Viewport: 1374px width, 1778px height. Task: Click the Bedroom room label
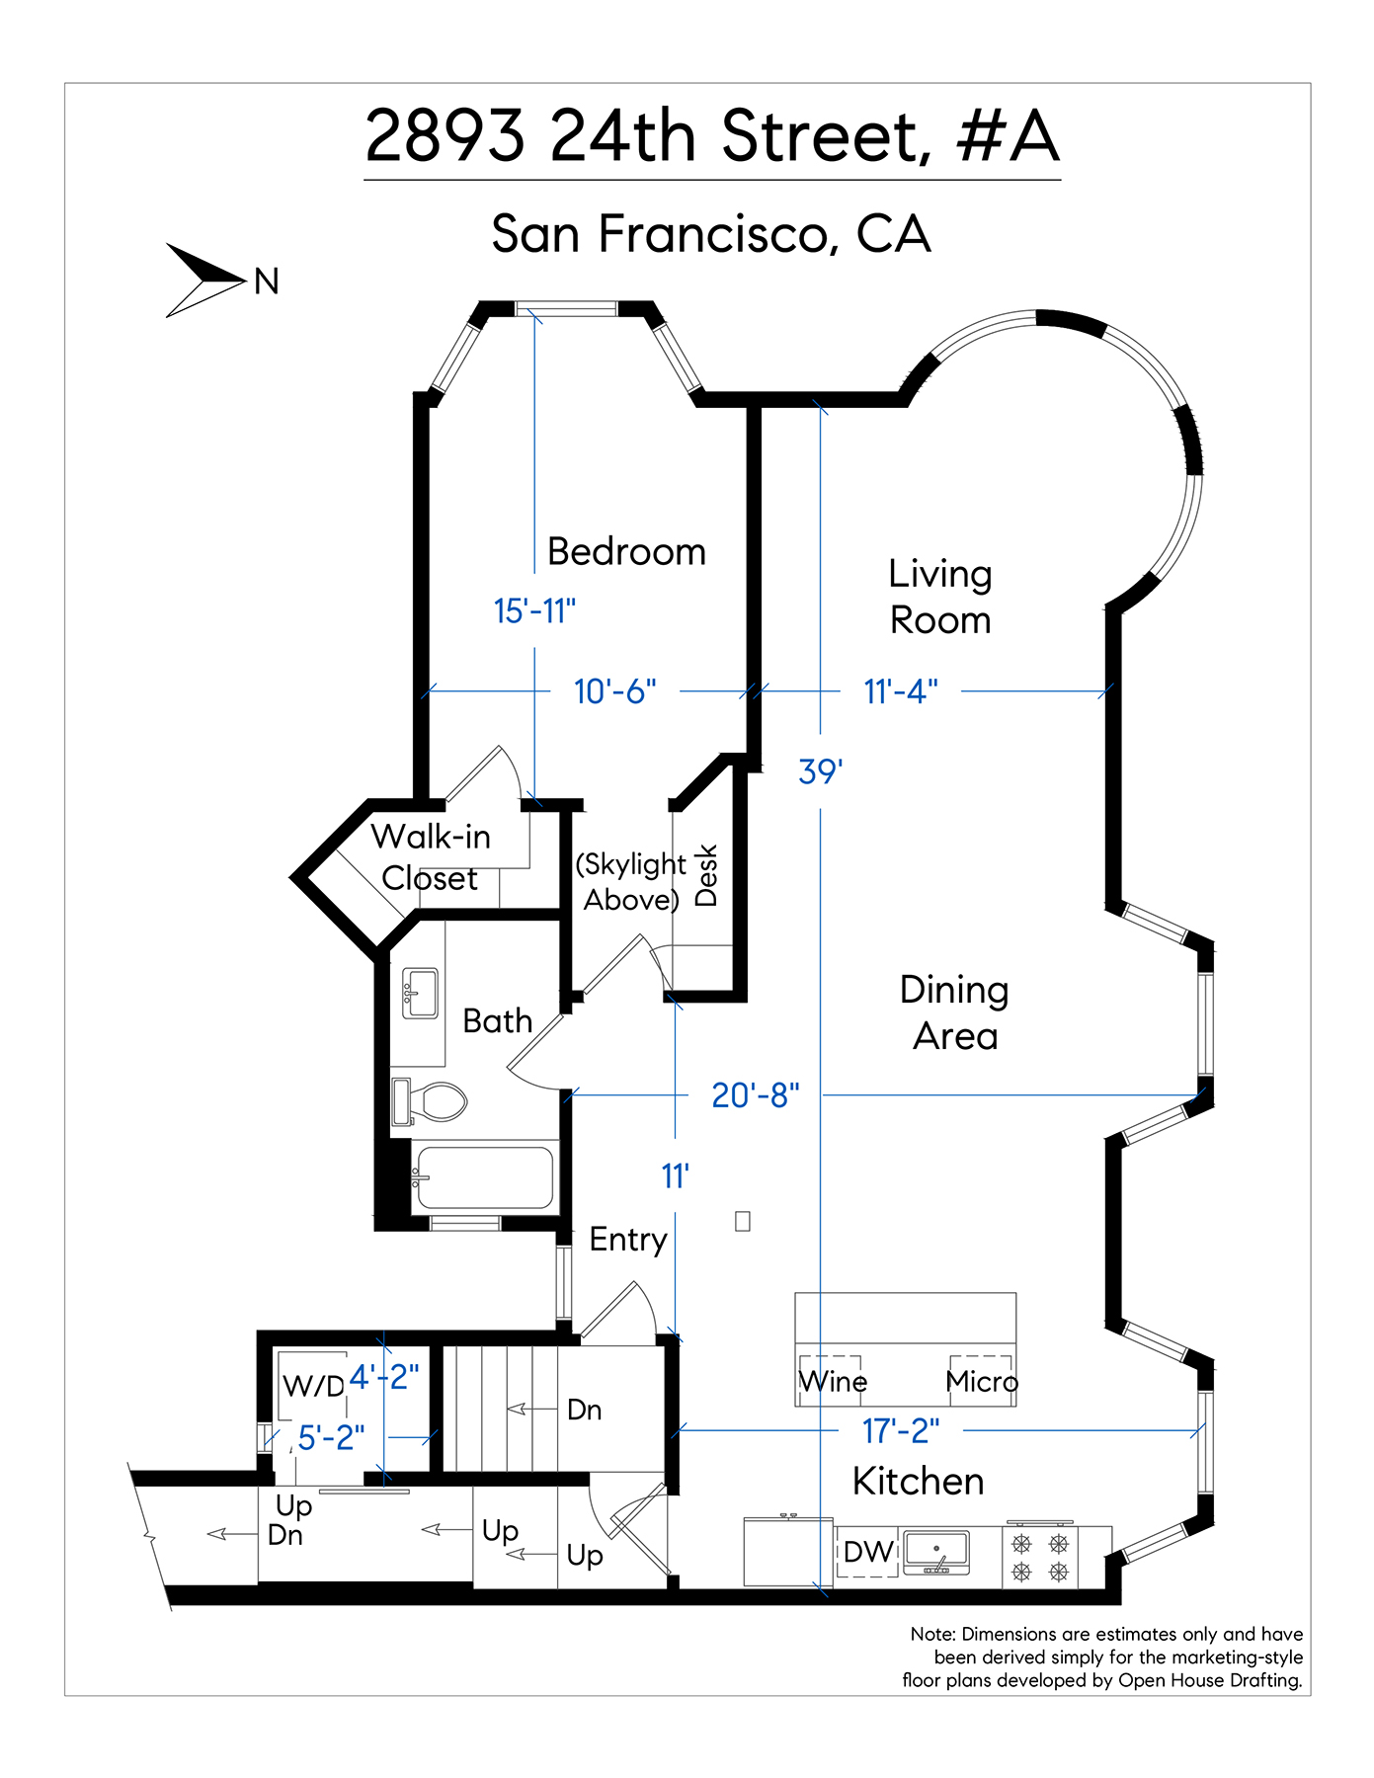click(x=626, y=551)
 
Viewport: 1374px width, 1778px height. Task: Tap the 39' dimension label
click(x=820, y=770)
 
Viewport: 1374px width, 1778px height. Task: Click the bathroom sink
click(x=420, y=993)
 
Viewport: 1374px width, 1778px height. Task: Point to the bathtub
click(x=483, y=1177)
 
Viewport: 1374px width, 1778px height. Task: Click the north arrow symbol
click(x=204, y=281)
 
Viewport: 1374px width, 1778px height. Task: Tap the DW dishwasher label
click(x=868, y=1552)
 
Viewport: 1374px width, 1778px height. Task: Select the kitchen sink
click(x=936, y=1552)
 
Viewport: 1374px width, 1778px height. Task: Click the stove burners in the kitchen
click(x=1040, y=1557)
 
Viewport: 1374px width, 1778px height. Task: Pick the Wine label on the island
click(x=833, y=1381)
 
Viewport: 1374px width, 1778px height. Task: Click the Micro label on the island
click(x=981, y=1381)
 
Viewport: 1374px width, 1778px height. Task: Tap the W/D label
click(x=313, y=1386)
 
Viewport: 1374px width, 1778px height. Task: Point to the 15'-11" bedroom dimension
click(x=534, y=611)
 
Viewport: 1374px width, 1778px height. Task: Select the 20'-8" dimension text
click(x=756, y=1095)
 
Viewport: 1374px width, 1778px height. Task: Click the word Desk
click(x=706, y=875)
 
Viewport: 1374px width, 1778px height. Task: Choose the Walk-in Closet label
click(x=431, y=857)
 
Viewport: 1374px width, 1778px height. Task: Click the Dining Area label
click(x=954, y=1012)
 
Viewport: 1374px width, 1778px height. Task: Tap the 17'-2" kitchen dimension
click(x=901, y=1430)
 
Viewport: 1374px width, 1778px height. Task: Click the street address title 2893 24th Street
click(x=647, y=135)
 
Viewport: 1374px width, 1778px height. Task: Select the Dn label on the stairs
click(x=585, y=1410)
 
